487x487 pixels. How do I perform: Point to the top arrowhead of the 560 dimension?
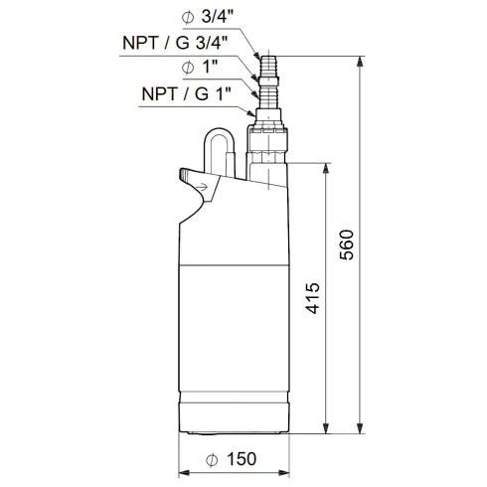[x=358, y=59]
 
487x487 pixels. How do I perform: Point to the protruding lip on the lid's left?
[x=187, y=177]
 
